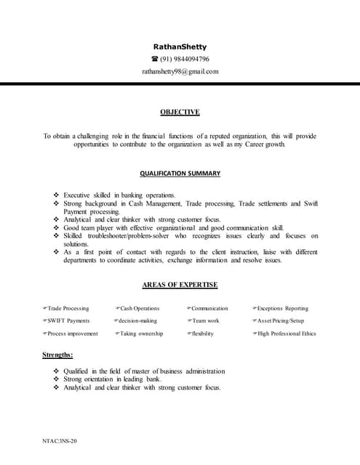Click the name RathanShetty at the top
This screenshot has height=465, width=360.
tap(180, 46)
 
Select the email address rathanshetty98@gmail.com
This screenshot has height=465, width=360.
tap(180, 71)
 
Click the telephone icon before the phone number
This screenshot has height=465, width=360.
tap(154, 59)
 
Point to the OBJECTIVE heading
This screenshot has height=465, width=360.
tap(180, 112)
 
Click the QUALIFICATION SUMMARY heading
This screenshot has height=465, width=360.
tap(180, 174)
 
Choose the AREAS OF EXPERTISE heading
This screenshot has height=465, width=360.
tap(180, 285)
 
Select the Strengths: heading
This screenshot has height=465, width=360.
tap(57, 354)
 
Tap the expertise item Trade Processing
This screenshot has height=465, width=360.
tap(68, 309)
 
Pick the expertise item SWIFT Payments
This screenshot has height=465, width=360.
tap(68, 320)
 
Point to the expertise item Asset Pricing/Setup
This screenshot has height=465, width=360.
tap(281, 320)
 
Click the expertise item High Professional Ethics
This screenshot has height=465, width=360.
tap(287, 333)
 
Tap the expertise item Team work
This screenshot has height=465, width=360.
tap(205, 320)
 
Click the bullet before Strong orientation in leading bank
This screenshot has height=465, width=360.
tap(57, 379)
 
